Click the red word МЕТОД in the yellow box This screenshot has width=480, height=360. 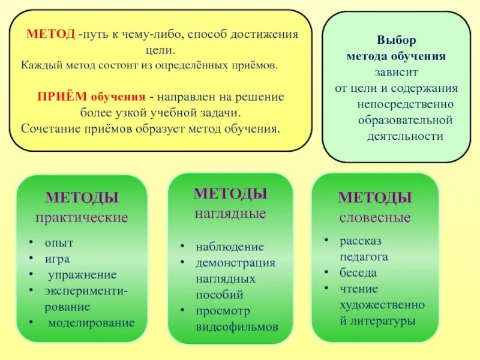pyautogui.click(x=50, y=35)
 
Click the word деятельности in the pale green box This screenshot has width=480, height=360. pyautogui.click(x=405, y=136)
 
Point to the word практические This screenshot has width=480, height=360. pyautogui.click(x=82, y=217)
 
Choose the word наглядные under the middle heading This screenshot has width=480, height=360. pyautogui.click(x=230, y=213)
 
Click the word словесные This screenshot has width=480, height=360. pyautogui.click(x=375, y=217)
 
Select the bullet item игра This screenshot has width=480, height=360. pyautogui.click(x=57, y=259)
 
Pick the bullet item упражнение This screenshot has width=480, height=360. pyautogui.click(x=82, y=275)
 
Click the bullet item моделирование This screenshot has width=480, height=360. pyautogui.click(x=91, y=323)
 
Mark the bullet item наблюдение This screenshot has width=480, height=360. pyautogui.click(x=230, y=247)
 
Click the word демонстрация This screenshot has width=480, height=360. pyautogui.click(x=236, y=263)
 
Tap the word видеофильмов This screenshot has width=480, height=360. pyautogui.click(x=237, y=328)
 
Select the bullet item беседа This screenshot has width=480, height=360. pyautogui.click(x=358, y=273)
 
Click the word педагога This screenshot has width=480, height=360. pyautogui.click(x=364, y=257)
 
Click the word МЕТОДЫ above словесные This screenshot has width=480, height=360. pyautogui.click(x=374, y=198)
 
